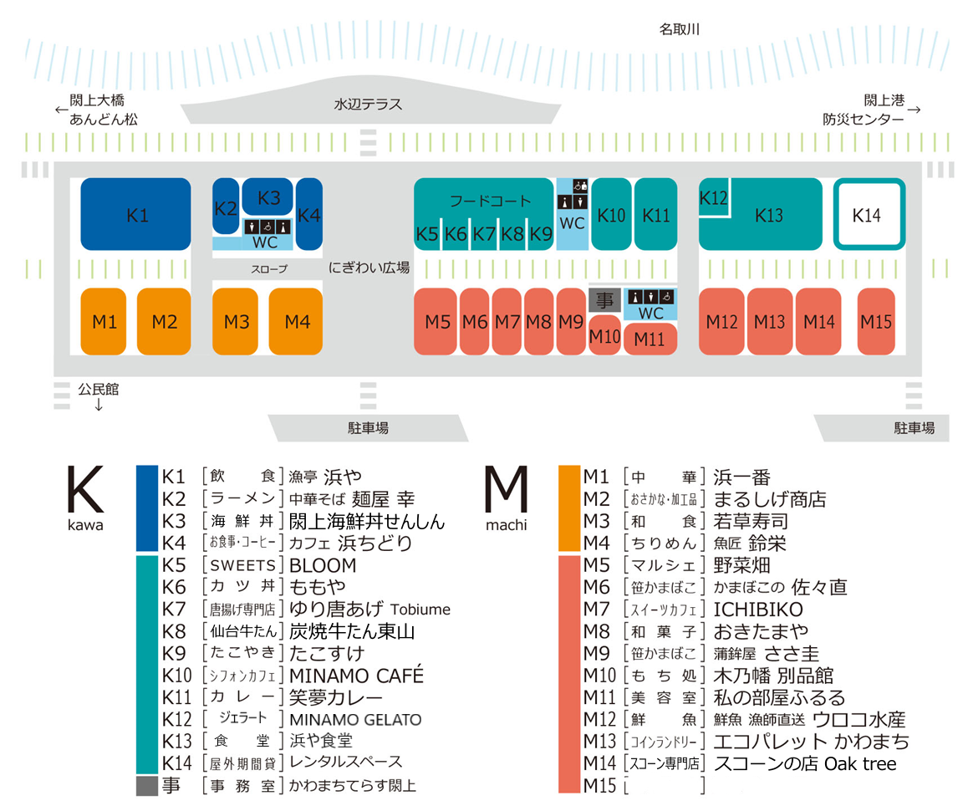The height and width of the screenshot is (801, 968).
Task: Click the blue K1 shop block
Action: click(x=135, y=214)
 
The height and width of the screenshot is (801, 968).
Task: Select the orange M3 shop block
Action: click(x=235, y=321)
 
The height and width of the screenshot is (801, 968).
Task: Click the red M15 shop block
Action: click(x=876, y=321)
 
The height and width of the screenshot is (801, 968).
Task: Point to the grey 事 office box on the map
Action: click(x=604, y=301)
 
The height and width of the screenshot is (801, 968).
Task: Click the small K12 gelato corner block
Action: click(x=714, y=197)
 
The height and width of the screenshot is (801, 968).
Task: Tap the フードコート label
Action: click(x=490, y=201)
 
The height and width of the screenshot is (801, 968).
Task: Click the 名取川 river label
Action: click(x=679, y=29)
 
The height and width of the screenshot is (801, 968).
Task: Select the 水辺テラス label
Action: click(x=368, y=105)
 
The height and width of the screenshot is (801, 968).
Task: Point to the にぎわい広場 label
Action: click(x=369, y=268)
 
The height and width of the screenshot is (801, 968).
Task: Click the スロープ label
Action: click(x=269, y=269)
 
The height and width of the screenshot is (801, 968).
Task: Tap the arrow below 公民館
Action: click(x=98, y=405)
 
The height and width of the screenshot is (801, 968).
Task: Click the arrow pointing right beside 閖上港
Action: click(x=915, y=110)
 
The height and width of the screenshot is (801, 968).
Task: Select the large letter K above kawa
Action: click(x=85, y=489)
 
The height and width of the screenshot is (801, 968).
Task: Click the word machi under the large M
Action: click(x=507, y=525)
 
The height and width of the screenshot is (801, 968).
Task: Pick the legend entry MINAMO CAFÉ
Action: click(x=356, y=675)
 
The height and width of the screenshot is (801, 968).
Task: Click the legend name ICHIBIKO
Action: click(x=758, y=610)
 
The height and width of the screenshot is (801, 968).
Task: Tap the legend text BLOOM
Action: click(x=323, y=565)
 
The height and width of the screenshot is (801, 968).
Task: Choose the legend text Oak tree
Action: click(x=860, y=764)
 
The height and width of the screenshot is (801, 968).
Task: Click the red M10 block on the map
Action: click(x=604, y=335)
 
